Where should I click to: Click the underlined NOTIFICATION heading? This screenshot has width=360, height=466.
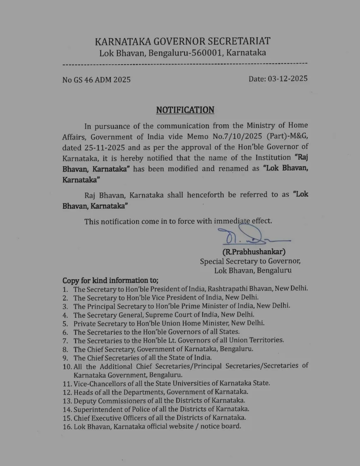pyautogui.click(x=185, y=110)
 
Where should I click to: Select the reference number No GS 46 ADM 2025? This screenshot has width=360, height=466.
pyautogui.click(x=96, y=80)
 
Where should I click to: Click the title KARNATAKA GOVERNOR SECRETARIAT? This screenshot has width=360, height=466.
pyautogui.click(x=182, y=41)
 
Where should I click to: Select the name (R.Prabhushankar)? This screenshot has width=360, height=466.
pyautogui.click(x=254, y=251)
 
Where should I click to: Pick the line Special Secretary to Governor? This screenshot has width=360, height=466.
pyautogui.click(x=250, y=261)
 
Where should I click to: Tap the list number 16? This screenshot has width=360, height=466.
pyautogui.click(x=67, y=426)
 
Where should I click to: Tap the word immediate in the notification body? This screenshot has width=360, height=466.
pyautogui.click(x=232, y=221)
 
